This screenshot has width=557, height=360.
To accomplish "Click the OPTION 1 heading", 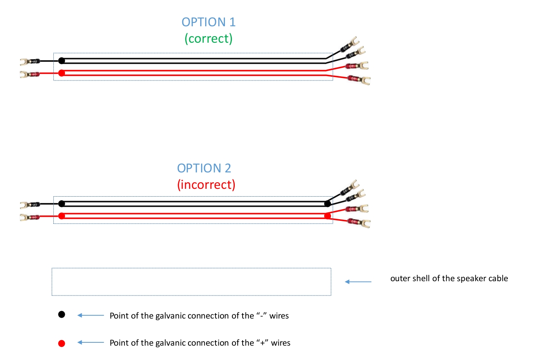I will tap(209, 22).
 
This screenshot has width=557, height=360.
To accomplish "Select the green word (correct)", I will tap(209, 39).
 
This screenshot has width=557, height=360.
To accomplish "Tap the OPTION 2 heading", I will tap(204, 168).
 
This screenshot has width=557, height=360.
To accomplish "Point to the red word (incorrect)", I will tap(206, 185).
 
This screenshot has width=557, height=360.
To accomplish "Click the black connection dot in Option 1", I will tap(62, 61).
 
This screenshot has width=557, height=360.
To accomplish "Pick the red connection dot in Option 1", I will tap(62, 73).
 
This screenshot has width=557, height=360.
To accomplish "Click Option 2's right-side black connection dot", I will tap(327, 204).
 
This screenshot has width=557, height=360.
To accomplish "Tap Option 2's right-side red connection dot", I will tap(327, 216).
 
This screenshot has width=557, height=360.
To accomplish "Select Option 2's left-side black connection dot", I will tap(62, 204).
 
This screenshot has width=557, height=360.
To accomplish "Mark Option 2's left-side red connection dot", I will tap(62, 216).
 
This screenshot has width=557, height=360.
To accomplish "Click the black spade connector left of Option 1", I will tap(30, 62).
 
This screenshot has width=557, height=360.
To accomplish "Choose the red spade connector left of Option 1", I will tap(30, 75).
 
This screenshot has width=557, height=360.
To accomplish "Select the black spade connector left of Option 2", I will tap(30, 204).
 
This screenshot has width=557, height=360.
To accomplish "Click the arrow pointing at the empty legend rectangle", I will tap(358, 282).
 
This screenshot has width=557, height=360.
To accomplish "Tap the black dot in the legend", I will tap(62, 315).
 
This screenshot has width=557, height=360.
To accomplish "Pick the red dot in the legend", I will tap(62, 343).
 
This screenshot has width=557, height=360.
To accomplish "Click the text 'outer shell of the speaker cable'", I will tap(449, 279).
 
